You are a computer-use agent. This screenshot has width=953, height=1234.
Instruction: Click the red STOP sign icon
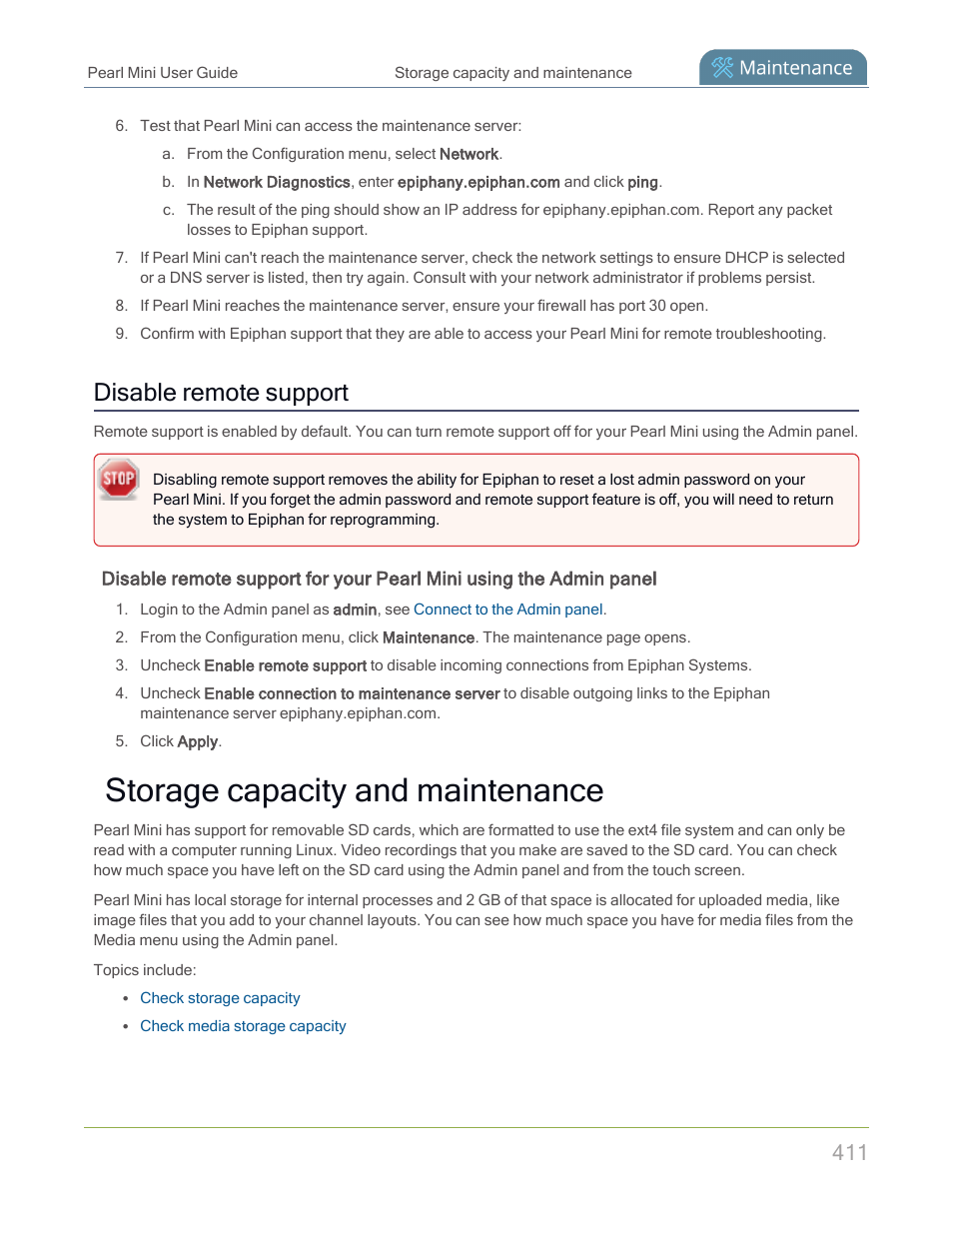(x=119, y=479)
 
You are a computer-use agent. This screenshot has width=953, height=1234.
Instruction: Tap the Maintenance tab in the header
(x=783, y=68)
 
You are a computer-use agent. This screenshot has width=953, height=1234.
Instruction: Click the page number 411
(x=849, y=1152)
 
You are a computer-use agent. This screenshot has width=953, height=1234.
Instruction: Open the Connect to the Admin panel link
(x=508, y=610)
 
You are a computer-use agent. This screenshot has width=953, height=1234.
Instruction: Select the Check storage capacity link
(x=220, y=998)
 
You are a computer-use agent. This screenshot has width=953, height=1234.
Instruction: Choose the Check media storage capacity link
(x=243, y=1026)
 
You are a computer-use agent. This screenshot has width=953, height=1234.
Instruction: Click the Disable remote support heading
(x=221, y=393)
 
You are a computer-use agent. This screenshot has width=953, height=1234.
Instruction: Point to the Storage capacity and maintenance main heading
(x=354, y=790)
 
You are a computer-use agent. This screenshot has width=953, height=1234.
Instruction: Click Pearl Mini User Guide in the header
(x=162, y=73)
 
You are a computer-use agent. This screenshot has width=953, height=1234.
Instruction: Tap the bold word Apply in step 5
(x=197, y=741)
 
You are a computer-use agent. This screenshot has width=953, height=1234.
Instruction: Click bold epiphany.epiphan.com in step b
(x=478, y=182)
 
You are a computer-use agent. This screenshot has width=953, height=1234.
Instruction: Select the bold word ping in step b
(x=642, y=182)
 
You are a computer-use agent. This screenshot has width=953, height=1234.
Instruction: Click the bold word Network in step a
(x=469, y=154)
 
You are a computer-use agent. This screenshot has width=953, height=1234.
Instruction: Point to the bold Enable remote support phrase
(x=285, y=665)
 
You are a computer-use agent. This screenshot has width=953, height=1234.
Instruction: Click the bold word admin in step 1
(x=355, y=610)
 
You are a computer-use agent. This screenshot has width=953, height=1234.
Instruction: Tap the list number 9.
(x=121, y=334)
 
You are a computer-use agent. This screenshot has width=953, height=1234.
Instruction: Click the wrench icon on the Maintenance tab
(x=722, y=68)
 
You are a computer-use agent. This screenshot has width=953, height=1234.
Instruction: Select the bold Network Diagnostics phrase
(x=277, y=182)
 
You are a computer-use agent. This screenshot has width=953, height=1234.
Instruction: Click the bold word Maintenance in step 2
(x=429, y=637)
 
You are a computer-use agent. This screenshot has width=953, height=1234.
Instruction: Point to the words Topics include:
(x=145, y=970)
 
